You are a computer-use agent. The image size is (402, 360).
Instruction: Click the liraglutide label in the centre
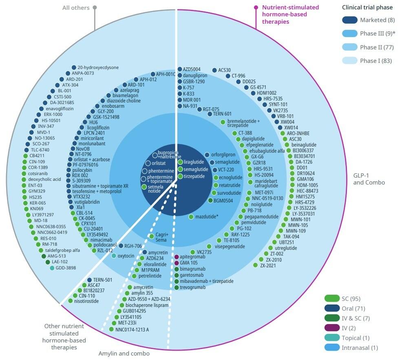click(x=194, y=162)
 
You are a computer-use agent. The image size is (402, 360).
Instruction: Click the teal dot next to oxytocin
click(x=114, y=256)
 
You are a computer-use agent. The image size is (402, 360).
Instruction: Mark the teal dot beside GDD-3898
click(x=52, y=268)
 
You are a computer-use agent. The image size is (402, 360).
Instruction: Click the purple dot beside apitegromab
click(x=177, y=257)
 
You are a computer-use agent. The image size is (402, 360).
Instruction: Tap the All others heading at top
click(x=77, y=7)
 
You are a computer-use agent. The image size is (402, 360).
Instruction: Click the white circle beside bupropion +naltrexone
click(x=155, y=155)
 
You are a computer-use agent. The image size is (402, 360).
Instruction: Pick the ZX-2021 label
click(x=269, y=265)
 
